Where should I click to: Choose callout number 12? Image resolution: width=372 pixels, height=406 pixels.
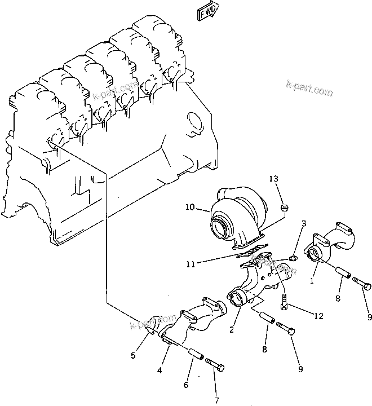318,317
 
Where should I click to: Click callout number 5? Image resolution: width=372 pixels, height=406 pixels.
133,356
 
